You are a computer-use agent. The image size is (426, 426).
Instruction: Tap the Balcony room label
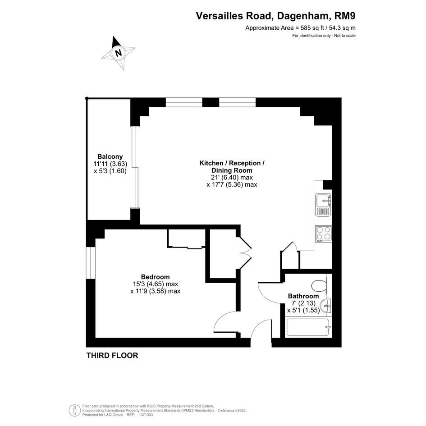click(x=110, y=157)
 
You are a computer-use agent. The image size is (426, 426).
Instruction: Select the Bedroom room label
click(x=155, y=277)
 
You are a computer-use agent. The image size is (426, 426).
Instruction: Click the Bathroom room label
click(x=303, y=296)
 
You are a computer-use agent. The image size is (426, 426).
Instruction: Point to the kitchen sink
click(x=323, y=205)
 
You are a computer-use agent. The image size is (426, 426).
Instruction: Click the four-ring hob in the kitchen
click(x=324, y=234)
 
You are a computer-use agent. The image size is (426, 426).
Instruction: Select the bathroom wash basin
click(x=326, y=306)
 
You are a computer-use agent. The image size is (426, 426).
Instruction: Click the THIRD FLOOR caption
click(x=112, y=355)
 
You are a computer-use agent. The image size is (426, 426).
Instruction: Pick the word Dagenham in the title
click(x=303, y=16)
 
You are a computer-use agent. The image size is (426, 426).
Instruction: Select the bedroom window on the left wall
click(x=91, y=263)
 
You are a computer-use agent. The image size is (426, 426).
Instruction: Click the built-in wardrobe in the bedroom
click(x=186, y=238)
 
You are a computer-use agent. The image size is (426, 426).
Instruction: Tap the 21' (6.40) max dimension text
click(x=232, y=178)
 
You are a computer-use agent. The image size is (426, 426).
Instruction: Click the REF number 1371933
click(x=145, y=415)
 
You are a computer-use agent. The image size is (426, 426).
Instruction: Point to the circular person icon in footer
click(x=74, y=411)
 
